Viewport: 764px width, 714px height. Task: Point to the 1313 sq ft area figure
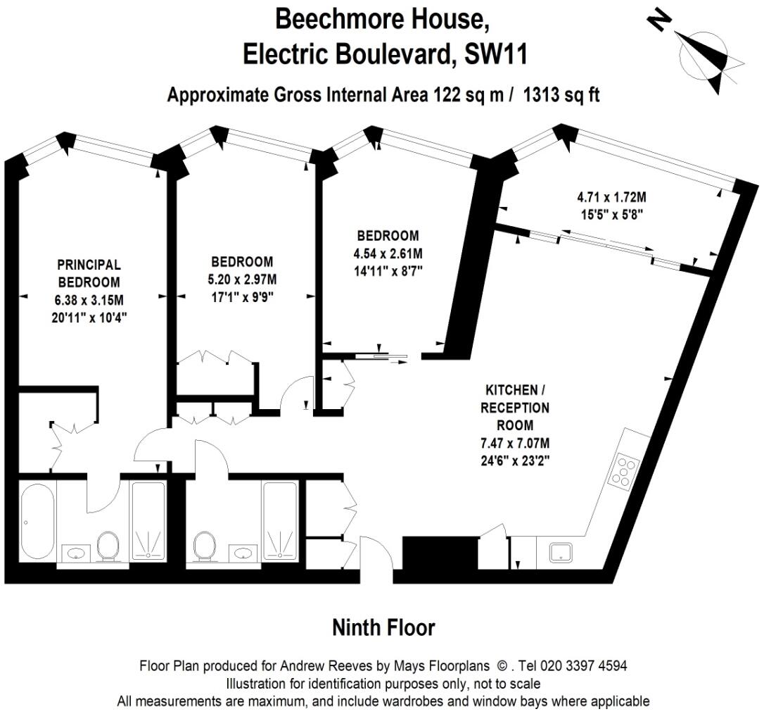click(560, 95)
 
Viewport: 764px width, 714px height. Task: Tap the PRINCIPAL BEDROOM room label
click(89, 273)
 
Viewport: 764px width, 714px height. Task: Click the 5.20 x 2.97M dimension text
click(241, 279)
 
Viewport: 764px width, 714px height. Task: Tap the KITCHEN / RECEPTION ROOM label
click(515, 407)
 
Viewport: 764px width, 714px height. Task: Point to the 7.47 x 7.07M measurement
click(515, 444)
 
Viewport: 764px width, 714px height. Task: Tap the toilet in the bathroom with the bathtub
click(108, 546)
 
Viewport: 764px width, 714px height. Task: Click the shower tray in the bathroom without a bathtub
click(280, 522)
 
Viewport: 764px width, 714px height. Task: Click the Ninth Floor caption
click(383, 627)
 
